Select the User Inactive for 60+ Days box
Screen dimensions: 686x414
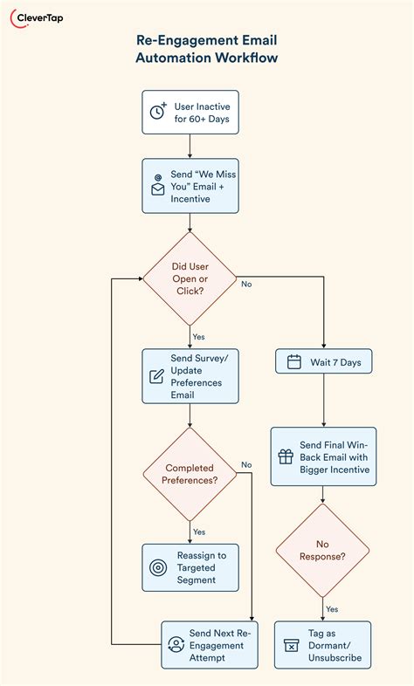click(190, 112)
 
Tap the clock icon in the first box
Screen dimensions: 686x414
click(158, 112)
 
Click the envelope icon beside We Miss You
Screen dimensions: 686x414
click(158, 187)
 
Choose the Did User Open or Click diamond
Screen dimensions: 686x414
click(190, 278)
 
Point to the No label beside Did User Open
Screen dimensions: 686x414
click(246, 284)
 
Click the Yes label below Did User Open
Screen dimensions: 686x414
click(198, 335)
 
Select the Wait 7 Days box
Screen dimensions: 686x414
click(323, 362)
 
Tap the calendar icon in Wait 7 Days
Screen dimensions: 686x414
click(293, 362)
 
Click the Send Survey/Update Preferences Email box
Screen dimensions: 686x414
click(190, 376)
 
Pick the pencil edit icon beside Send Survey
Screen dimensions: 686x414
click(157, 376)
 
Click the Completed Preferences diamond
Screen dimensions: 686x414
click(190, 474)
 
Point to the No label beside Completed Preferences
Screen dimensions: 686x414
click(246, 464)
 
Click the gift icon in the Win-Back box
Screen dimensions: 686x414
click(286, 456)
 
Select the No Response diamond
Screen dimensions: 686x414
click(323, 550)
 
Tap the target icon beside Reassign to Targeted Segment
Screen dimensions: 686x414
click(158, 567)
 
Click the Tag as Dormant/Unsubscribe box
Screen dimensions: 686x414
click(323, 645)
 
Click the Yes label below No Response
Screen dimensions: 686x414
click(332, 608)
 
